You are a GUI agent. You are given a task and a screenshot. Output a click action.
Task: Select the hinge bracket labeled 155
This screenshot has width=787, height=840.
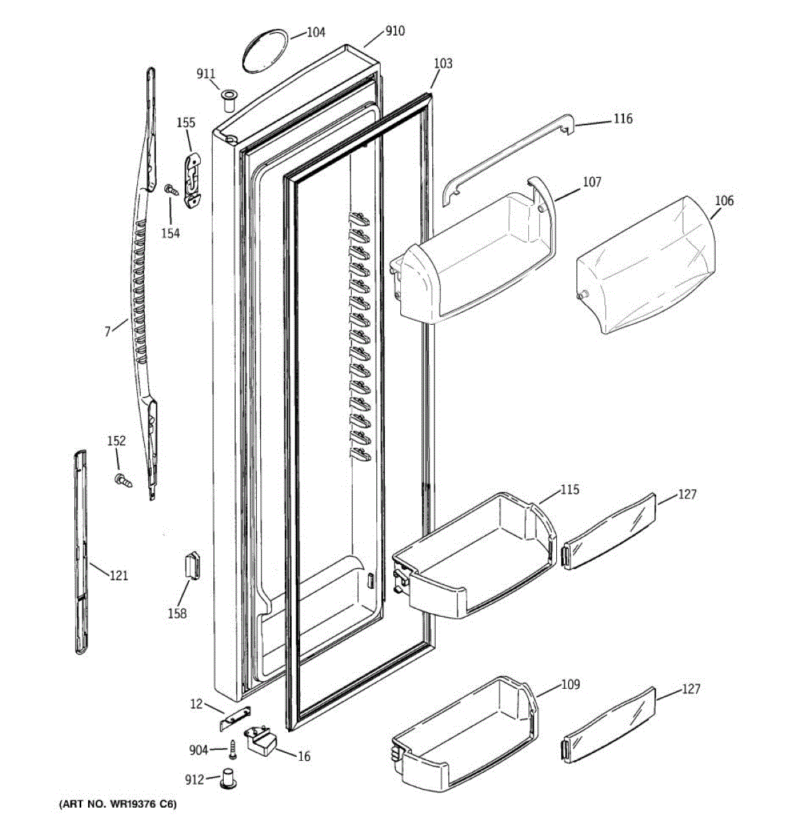(x=192, y=181)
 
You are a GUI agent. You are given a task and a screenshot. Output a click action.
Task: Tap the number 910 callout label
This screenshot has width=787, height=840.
(x=395, y=31)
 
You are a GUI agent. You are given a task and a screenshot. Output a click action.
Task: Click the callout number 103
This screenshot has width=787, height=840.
(x=443, y=64)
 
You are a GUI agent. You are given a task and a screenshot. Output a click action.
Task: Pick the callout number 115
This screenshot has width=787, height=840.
(x=569, y=490)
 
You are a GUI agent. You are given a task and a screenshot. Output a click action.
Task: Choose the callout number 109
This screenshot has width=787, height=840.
(x=570, y=685)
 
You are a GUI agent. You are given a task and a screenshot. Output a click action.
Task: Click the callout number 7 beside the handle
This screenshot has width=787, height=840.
(x=108, y=332)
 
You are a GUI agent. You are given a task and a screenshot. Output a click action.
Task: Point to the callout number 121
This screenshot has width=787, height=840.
(x=119, y=576)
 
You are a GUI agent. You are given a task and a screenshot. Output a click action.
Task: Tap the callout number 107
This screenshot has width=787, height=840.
(x=592, y=183)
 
